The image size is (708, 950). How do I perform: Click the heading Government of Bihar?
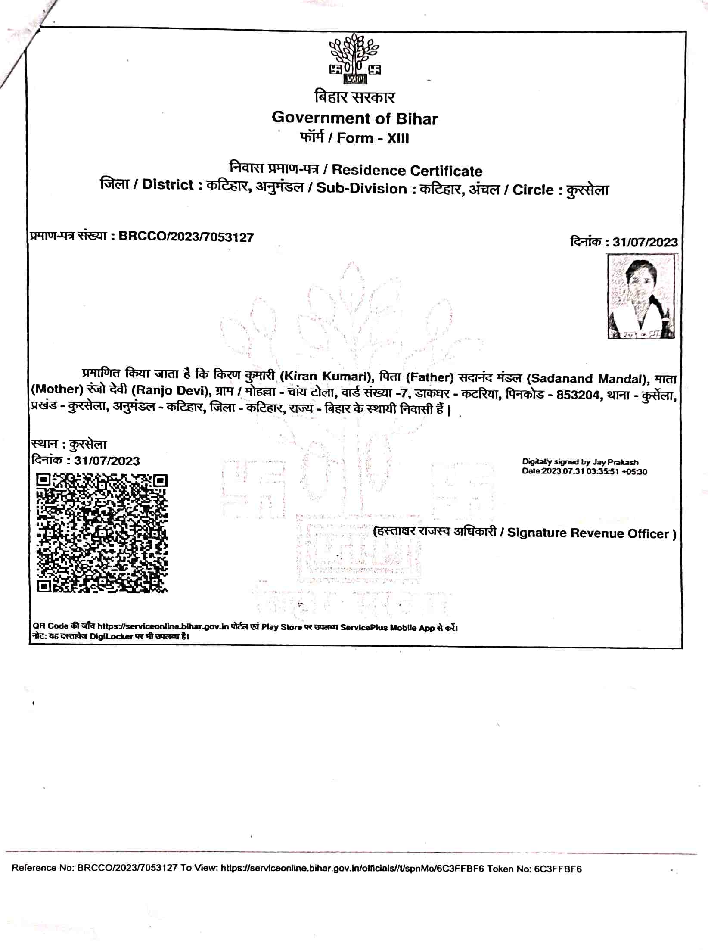click(x=355, y=118)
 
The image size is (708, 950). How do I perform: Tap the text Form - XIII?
click(x=373, y=138)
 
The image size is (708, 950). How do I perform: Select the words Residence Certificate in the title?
click(x=407, y=171)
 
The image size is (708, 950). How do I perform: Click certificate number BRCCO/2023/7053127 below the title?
click(x=186, y=237)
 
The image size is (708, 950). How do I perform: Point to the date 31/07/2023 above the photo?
click(x=645, y=242)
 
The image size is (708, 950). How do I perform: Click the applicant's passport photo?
click(x=642, y=296)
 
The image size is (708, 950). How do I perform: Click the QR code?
click(x=102, y=533)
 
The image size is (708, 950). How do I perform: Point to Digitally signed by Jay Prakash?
click(x=580, y=462)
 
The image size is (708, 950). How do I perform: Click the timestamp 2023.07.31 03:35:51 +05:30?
click(x=594, y=471)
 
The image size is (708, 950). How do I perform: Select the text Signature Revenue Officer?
click(x=588, y=533)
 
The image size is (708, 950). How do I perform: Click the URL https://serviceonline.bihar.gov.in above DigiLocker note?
click(x=163, y=626)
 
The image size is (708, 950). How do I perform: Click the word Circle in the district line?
click(x=533, y=190)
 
